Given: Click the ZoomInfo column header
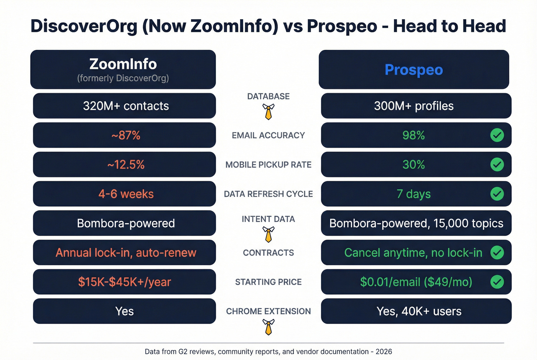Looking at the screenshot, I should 123,69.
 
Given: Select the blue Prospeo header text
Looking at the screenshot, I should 413,70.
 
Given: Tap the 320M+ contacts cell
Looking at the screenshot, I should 125,106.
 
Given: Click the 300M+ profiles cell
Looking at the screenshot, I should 413,106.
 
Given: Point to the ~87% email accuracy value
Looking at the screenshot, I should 125,135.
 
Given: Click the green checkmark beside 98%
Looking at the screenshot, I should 497,135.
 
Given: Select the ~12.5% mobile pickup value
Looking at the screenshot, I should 125,165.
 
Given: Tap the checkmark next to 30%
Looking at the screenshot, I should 497,165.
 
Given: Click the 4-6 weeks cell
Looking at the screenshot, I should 125,194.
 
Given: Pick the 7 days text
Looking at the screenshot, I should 413,194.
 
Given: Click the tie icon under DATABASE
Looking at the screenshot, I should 268,112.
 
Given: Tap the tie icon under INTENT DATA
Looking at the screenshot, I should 268,234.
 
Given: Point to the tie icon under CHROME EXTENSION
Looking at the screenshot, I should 268,327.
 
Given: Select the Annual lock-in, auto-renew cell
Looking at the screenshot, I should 125,253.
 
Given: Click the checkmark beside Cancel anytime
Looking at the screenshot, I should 497,253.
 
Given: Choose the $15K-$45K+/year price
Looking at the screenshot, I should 124,282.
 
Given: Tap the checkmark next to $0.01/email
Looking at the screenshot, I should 497,282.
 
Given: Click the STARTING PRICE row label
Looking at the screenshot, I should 268,282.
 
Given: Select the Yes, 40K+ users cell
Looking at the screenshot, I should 419,311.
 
